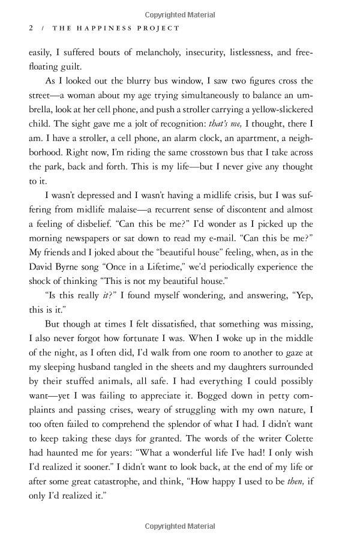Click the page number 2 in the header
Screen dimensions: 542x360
point(31,28)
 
